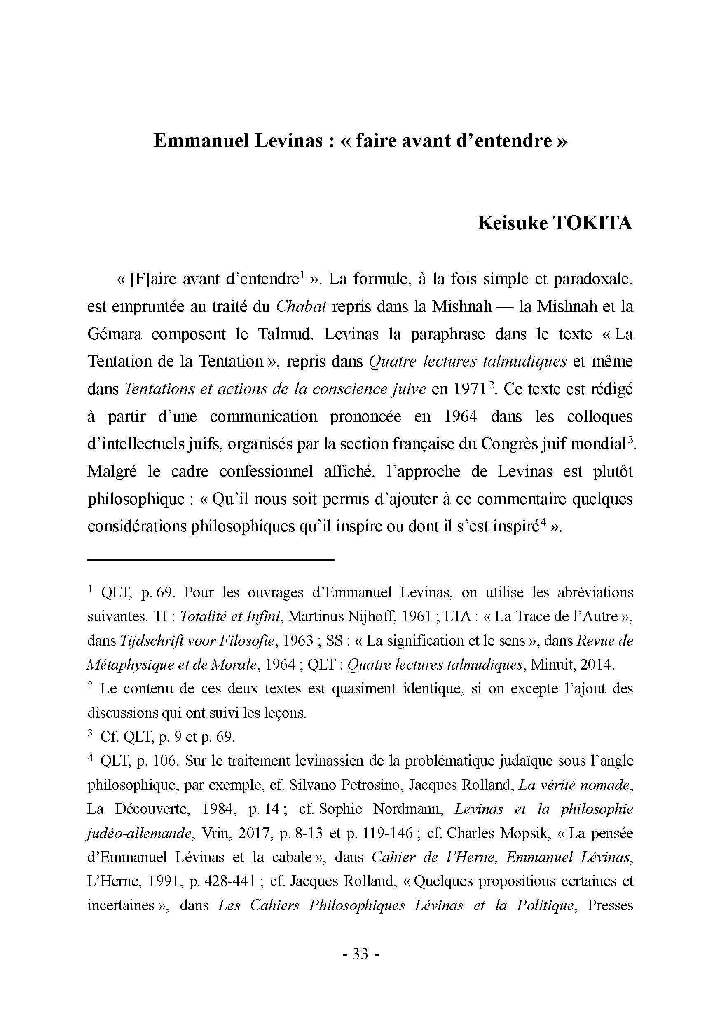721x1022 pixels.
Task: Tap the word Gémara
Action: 114,334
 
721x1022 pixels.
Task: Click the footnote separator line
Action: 211,559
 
